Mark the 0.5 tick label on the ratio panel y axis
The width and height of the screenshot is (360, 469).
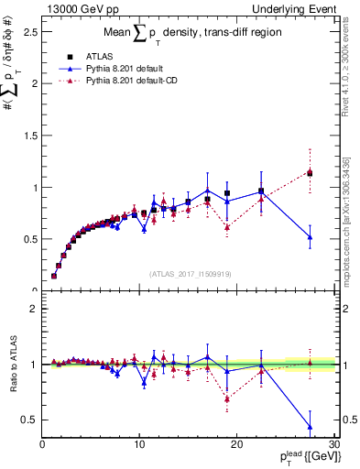tap(30, 420)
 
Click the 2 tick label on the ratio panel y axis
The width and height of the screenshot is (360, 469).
tap(35, 309)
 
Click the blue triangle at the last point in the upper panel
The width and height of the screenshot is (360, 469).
tap(310, 237)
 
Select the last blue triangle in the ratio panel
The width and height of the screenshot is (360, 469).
tap(310, 427)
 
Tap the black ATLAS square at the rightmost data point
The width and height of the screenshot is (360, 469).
tap(310, 173)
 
